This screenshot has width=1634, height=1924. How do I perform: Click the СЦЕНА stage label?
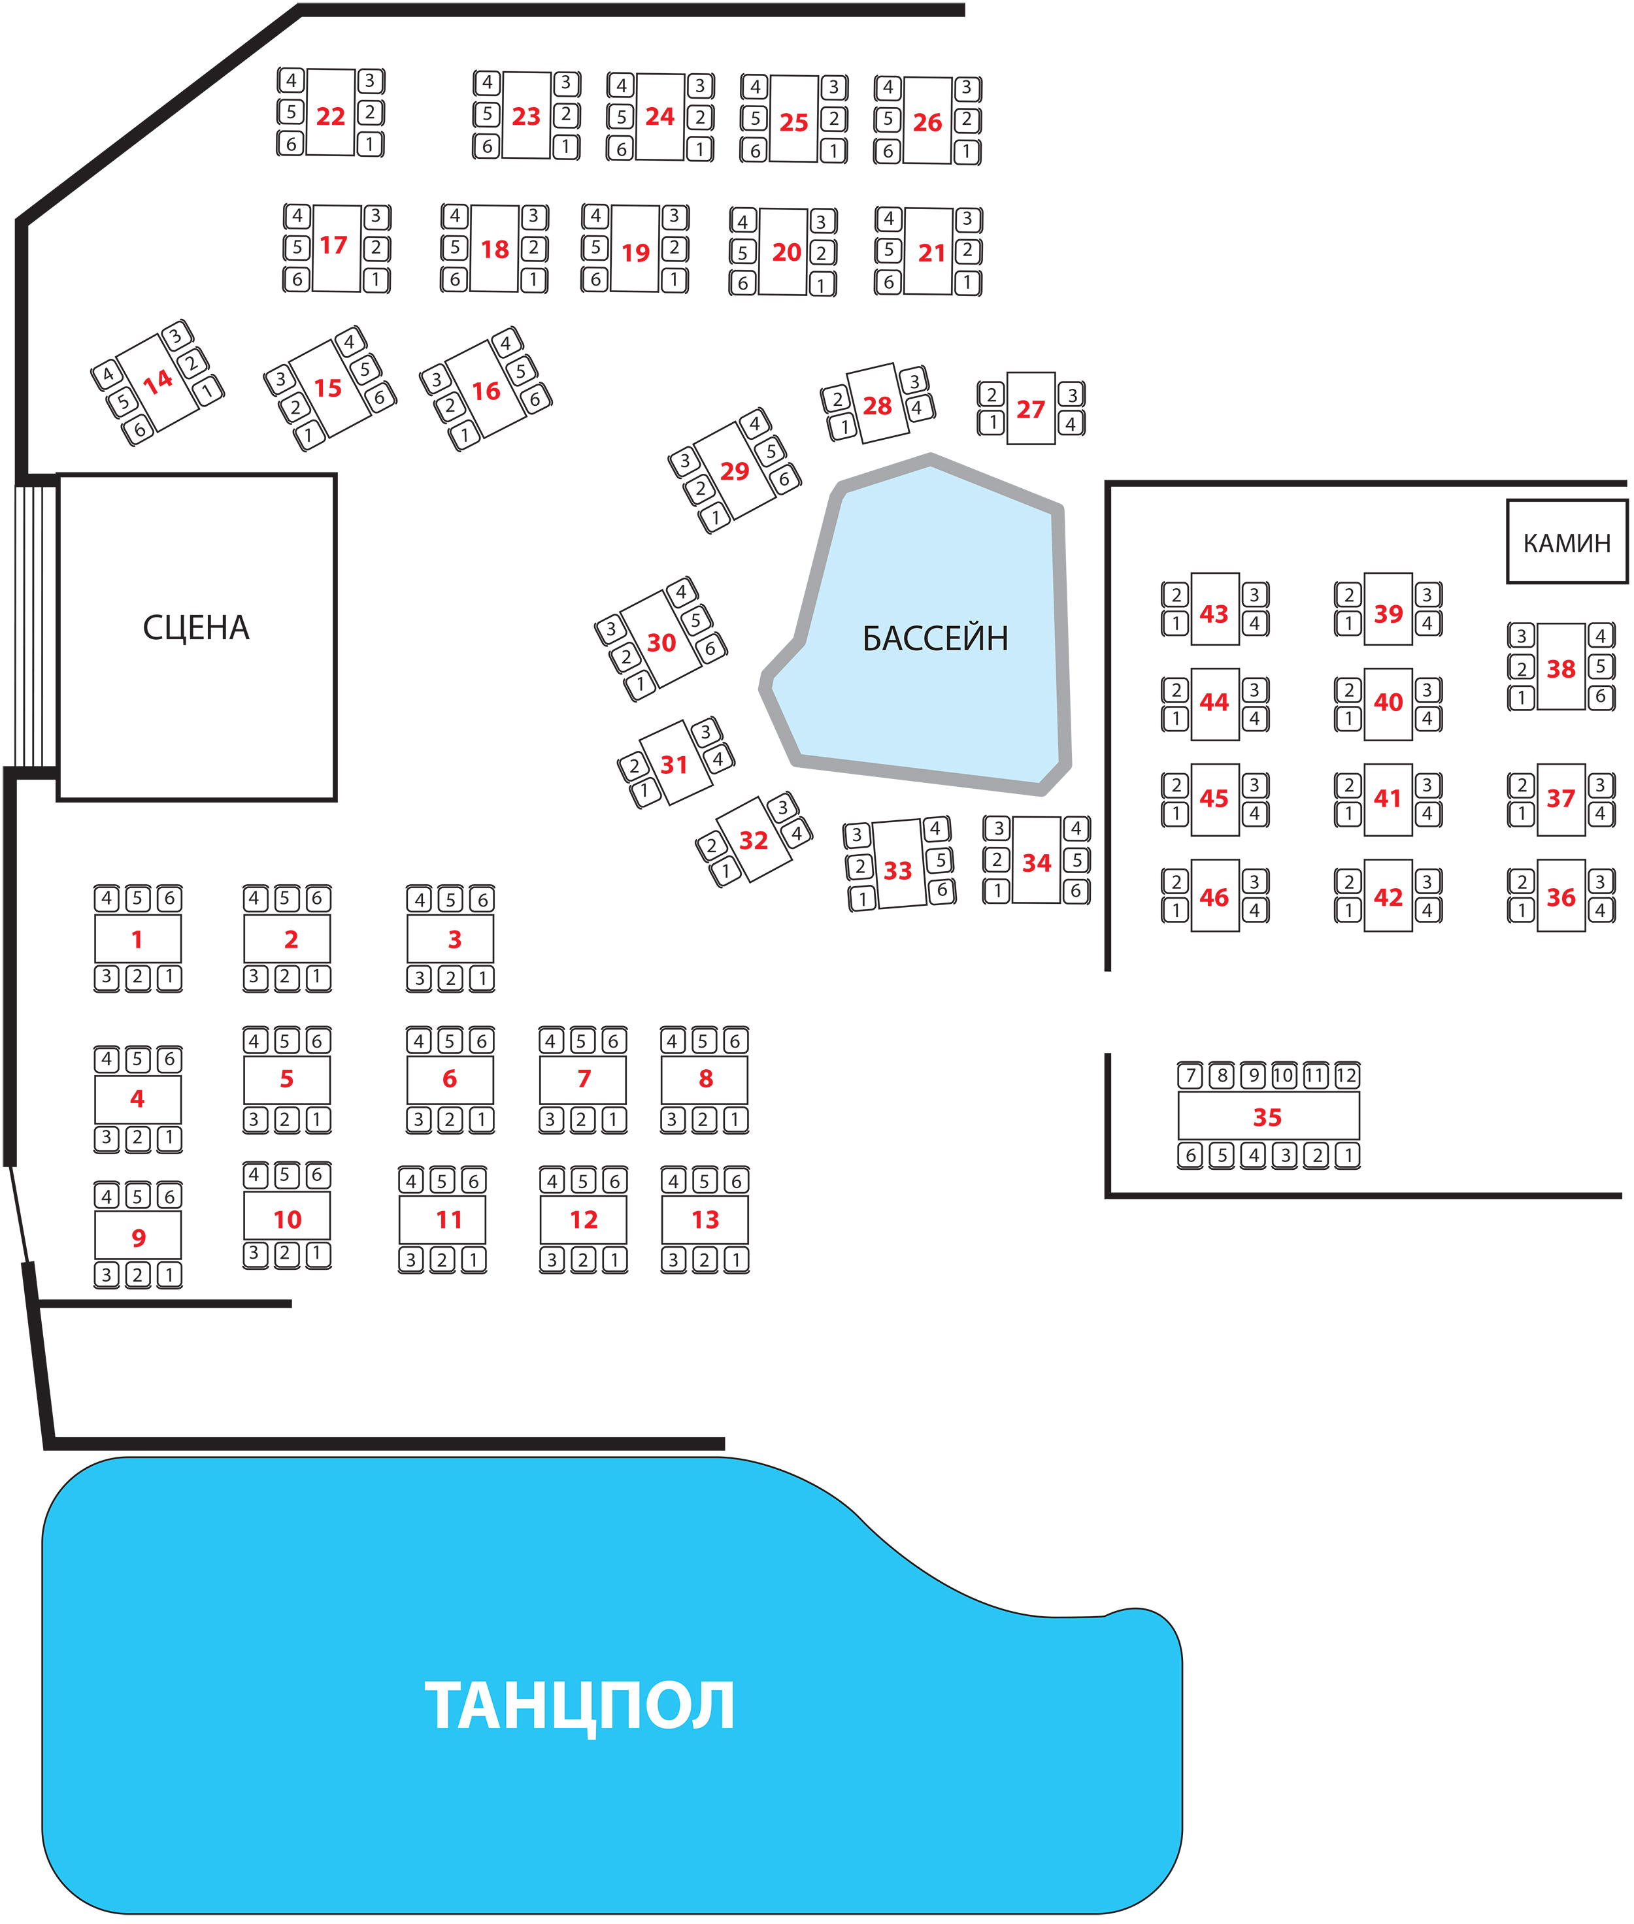coord(195,628)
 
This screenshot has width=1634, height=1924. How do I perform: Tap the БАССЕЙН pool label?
coord(935,639)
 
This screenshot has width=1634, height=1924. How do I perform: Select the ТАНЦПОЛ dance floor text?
coord(580,1706)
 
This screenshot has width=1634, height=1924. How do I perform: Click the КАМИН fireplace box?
coord(1567,543)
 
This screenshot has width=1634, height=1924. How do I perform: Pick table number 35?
coord(1267,1117)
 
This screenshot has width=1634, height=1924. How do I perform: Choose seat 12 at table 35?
coord(1346,1076)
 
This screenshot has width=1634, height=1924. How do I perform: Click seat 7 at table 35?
coord(1192,1076)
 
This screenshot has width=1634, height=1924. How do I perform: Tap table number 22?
coord(331,117)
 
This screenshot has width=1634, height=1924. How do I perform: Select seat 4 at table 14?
coord(107,375)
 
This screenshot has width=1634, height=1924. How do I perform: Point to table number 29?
coord(735,471)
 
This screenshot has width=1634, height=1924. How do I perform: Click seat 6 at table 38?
coord(1601,697)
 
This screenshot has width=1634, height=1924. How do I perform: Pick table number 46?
coord(1214,897)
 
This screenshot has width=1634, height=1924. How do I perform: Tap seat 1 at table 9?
coord(169,1274)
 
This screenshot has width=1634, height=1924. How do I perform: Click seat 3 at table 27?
coord(1072,395)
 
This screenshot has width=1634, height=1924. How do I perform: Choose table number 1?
coord(137,939)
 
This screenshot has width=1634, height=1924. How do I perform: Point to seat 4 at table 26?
coord(888,88)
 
